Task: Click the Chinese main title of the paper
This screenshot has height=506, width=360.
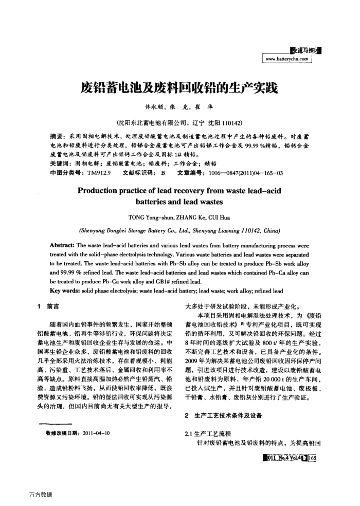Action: [x=179, y=88]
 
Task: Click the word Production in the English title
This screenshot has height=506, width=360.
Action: [x=102, y=191]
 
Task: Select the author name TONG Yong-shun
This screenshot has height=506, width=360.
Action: [x=152, y=217]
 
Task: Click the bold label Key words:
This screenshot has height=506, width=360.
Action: [x=66, y=291]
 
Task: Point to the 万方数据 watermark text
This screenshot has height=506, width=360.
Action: [x=41, y=495]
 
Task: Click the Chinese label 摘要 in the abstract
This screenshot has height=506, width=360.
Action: [x=57, y=136]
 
